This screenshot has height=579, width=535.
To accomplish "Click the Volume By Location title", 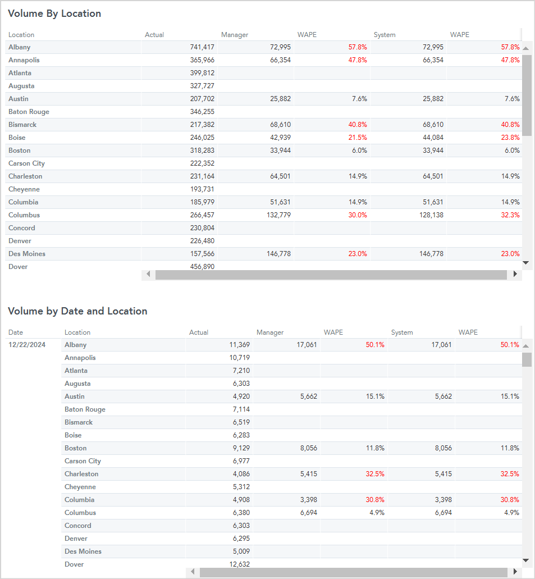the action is (x=54, y=13).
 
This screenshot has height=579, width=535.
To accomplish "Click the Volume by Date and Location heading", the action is (x=77, y=311).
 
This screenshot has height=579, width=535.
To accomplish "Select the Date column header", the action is (x=16, y=332).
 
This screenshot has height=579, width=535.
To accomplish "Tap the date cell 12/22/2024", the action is (x=27, y=344).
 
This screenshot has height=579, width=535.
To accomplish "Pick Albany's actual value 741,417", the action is (x=202, y=47).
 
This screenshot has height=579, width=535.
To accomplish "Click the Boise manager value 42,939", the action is (x=280, y=138).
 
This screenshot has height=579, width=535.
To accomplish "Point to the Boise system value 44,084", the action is (x=433, y=138).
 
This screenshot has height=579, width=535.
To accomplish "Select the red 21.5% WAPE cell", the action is (x=358, y=138).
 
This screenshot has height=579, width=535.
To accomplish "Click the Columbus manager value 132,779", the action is (x=279, y=215).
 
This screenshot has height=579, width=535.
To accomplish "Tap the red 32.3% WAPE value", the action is (x=510, y=215).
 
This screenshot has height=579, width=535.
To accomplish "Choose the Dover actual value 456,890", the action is (x=202, y=266).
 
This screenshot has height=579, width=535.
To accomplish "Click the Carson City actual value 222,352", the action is (x=202, y=163).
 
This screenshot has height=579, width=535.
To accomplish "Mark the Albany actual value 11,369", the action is (x=239, y=344).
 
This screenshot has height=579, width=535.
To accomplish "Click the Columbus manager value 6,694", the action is (x=309, y=513).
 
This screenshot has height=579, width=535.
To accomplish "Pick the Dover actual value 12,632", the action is (x=239, y=564).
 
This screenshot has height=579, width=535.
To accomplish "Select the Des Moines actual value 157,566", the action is (x=202, y=254).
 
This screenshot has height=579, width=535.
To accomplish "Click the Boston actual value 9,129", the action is (x=241, y=448).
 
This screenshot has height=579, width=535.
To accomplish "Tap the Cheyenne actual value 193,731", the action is (x=202, y=189).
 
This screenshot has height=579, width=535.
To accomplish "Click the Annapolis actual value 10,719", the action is (x=239, y=357).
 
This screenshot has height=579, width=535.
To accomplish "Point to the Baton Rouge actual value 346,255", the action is (x=202, y=112).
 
